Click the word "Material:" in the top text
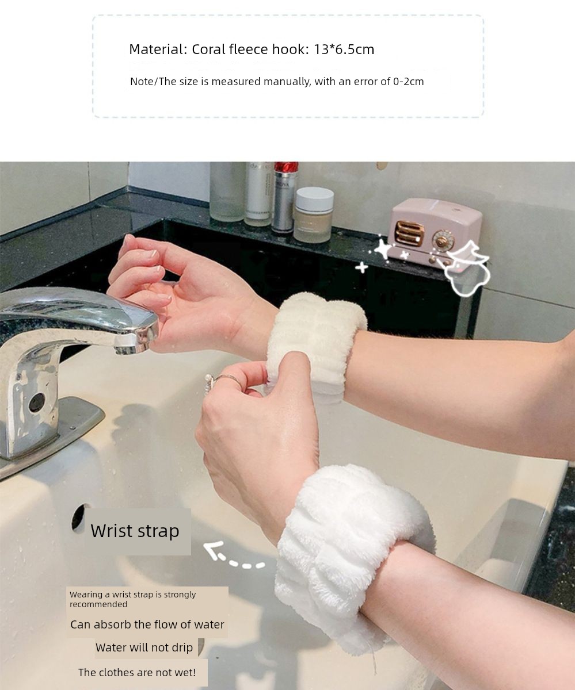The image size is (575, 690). click(158, 49)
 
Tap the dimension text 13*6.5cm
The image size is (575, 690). click(344, 49)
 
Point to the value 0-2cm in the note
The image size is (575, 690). click(408, 81)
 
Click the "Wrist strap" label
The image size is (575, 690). click(135, 531)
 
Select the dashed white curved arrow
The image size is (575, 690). click(231, 559)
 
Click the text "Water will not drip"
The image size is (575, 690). click(144, 647)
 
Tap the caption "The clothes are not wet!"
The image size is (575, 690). click(137, 672)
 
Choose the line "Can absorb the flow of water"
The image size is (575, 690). click(147, 624)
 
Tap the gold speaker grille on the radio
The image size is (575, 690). click(410, 233)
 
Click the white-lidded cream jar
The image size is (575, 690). click(314, 215)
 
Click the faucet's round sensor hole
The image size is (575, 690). click(37, 402)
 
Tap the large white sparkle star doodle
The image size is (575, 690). click(384, 248)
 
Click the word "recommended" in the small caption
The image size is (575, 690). click(98, 604)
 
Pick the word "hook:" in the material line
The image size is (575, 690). click(291, 49)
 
